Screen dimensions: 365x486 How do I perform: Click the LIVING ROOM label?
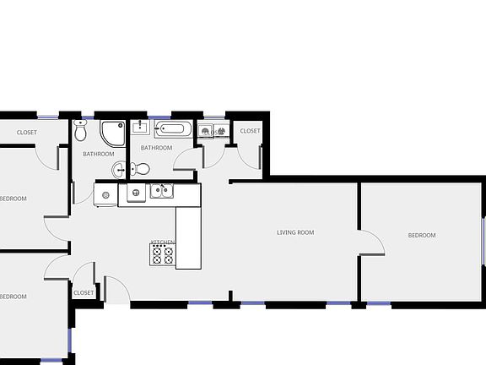(x=295, y=232)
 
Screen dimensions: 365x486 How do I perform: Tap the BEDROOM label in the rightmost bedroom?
(x=422, y=235)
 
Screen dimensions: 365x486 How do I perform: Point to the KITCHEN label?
(x=163, y=242)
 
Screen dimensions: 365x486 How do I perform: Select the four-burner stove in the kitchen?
(x=162, y=255)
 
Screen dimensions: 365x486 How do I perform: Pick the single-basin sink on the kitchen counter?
(x=135, y=193)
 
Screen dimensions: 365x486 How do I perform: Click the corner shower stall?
(x=112, y=133)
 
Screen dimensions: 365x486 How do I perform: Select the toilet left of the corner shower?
(x=81, y=130)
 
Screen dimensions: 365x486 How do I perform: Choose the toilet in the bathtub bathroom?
(x=140, y=169)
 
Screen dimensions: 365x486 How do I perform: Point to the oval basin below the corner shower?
(x=119, y=170)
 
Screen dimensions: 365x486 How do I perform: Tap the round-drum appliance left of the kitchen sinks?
(x=105, y=195)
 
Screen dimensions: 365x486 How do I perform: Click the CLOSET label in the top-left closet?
(x=27, y=133)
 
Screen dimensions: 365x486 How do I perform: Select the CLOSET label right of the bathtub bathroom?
(x=251, y=131)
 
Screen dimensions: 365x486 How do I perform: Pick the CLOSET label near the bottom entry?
(x=84, y=292)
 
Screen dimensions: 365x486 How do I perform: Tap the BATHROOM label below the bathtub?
(x=156, y=148)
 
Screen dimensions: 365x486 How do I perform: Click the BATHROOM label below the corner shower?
(x=98, y=154)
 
